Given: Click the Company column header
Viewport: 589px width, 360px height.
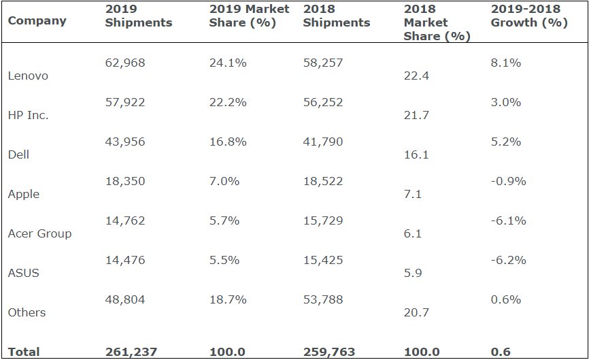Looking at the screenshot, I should (37, 20).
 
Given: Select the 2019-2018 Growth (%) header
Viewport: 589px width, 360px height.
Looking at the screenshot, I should (529, 16).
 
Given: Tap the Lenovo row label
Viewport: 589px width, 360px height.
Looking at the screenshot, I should (28, 76).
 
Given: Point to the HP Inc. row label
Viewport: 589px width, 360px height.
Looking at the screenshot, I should (28, 115).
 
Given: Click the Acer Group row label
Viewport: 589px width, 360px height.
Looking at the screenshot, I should (39, 233).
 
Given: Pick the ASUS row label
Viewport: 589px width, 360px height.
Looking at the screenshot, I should (23, 273).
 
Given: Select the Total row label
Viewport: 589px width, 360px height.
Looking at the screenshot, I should (24, 352).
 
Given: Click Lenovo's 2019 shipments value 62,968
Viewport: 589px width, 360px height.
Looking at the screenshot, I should (125, 63).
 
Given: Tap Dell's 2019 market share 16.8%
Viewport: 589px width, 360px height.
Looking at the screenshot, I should (228, 142).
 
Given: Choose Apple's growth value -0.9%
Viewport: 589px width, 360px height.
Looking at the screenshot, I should (508, 181).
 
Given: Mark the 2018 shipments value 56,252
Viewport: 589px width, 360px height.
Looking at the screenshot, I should (323, 102).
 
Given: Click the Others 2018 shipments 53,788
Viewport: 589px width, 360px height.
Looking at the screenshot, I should (323, 299).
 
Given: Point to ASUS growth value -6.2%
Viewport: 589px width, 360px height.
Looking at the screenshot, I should (508, 260).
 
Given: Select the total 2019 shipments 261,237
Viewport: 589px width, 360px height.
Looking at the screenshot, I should (131, 352).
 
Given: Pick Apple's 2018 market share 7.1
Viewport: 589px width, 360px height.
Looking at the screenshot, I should (413, 194).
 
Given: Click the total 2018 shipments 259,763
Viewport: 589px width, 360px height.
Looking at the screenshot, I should (329, 352).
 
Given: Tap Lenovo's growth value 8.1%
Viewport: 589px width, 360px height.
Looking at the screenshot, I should (506, 63).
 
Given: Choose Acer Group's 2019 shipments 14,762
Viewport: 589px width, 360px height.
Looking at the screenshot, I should (125, 220).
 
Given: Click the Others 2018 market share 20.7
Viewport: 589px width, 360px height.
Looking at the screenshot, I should (416, 312).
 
